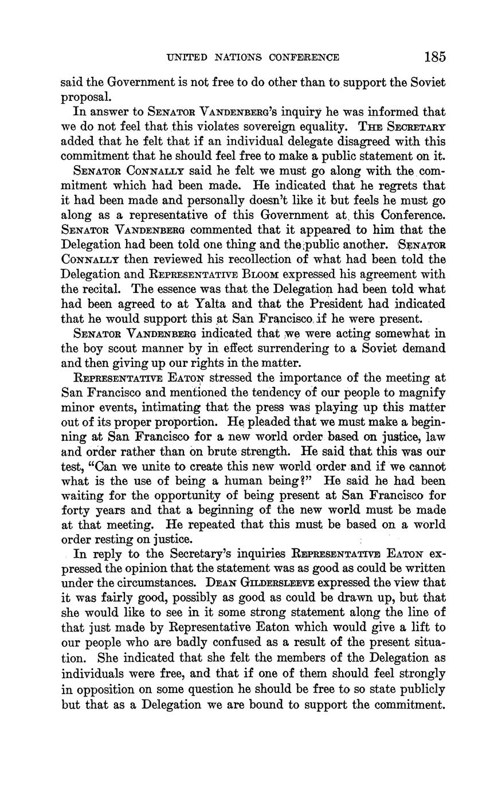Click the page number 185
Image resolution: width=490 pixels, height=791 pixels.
(x=435, y=57)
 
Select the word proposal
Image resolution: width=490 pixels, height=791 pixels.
(x=85, y=96)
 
